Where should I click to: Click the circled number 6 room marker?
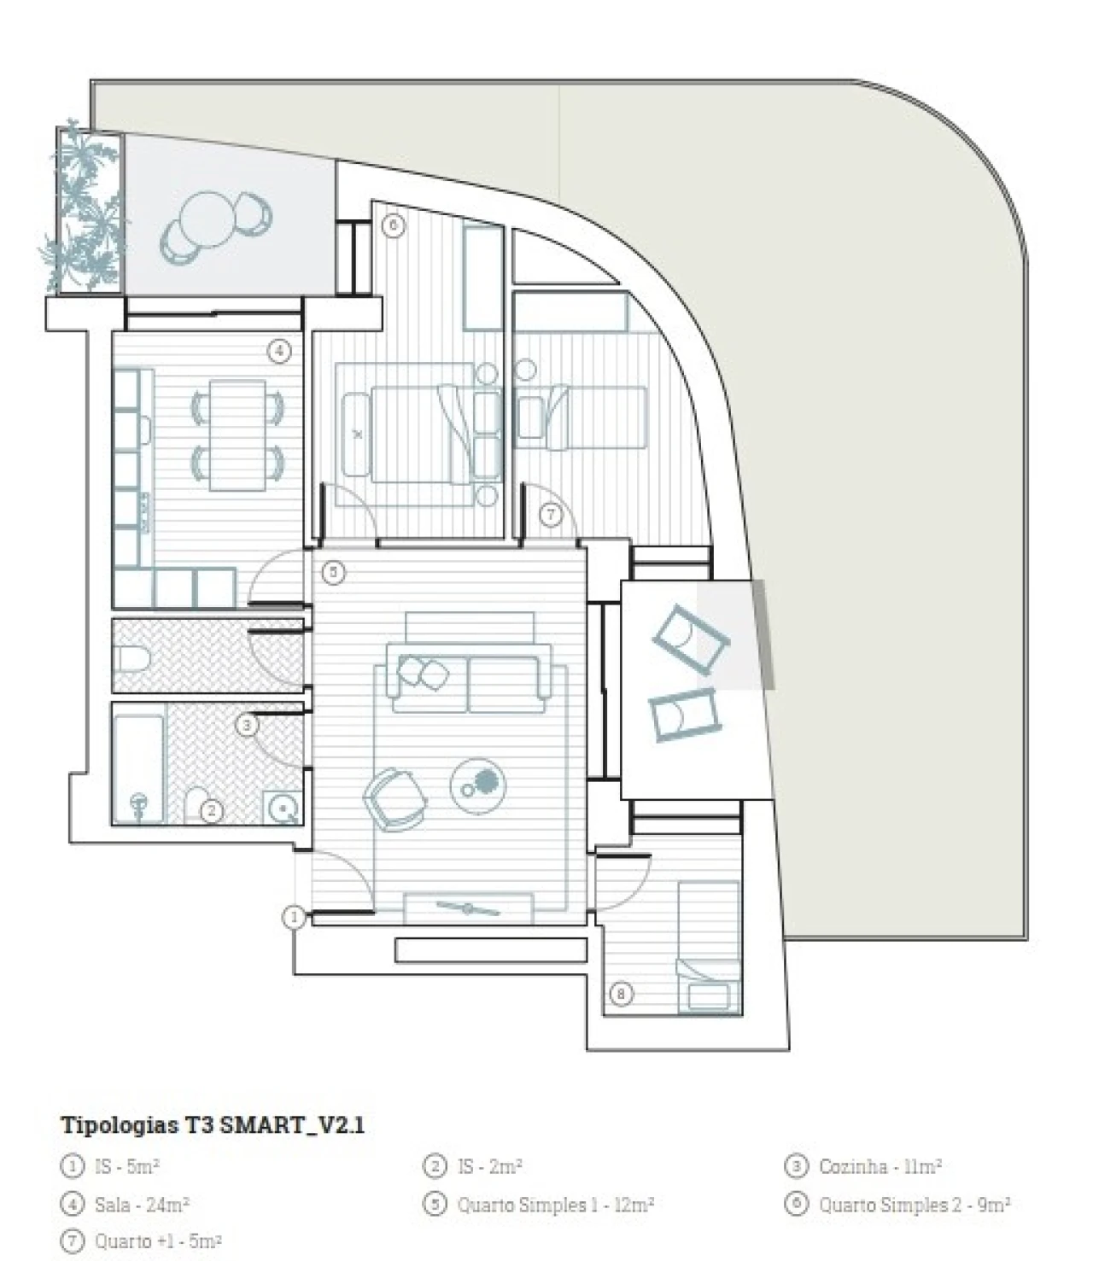pos(394,225)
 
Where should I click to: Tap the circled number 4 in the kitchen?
pos(279,351)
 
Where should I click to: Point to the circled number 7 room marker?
pos(551,514)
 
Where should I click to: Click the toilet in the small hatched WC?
pos(132,658)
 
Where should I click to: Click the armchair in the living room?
pos(395,798)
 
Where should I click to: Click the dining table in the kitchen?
pos(237,435)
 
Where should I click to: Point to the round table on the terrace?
pos(208,219)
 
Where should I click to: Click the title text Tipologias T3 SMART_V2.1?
pos(213,1125)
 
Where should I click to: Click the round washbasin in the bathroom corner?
pos(283,809)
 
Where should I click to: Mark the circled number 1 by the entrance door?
pos(294,917)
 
